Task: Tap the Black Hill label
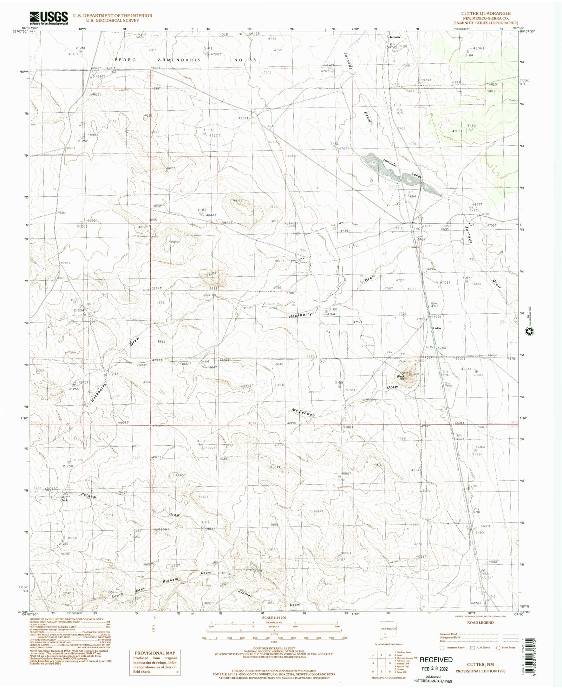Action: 401,378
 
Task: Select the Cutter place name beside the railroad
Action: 437,328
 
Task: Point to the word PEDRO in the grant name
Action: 125,60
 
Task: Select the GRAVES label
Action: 429,269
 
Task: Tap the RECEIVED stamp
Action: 436,660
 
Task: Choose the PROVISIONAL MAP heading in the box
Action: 155,653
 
